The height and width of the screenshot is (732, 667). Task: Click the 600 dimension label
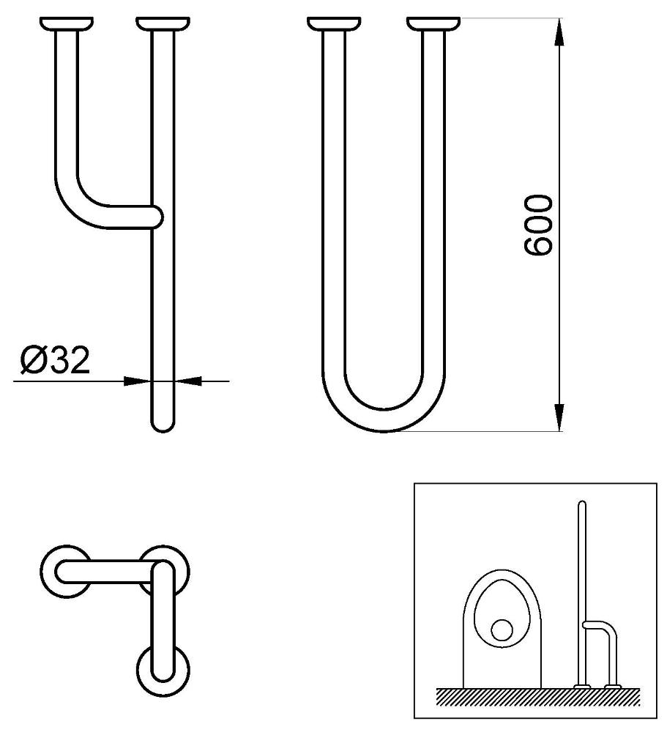coord(537,225)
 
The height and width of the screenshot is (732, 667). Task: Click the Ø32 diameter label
coord(55,360)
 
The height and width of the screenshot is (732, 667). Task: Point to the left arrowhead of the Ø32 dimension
coord(138,381)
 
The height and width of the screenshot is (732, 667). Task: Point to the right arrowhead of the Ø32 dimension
coord(187,381)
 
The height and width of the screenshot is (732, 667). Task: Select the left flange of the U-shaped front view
coord(334,24)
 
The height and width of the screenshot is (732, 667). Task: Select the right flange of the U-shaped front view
coord(433,24)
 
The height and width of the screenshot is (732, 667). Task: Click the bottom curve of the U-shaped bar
coord(384,421)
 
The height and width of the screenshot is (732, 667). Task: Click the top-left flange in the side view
coord(67,24)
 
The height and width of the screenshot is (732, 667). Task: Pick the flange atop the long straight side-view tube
coord(163,24)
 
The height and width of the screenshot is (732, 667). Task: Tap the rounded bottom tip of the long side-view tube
coord(163,427)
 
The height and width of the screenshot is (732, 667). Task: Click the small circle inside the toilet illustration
coord(502,631)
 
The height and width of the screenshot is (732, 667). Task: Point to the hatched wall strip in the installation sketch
coord(538,696)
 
